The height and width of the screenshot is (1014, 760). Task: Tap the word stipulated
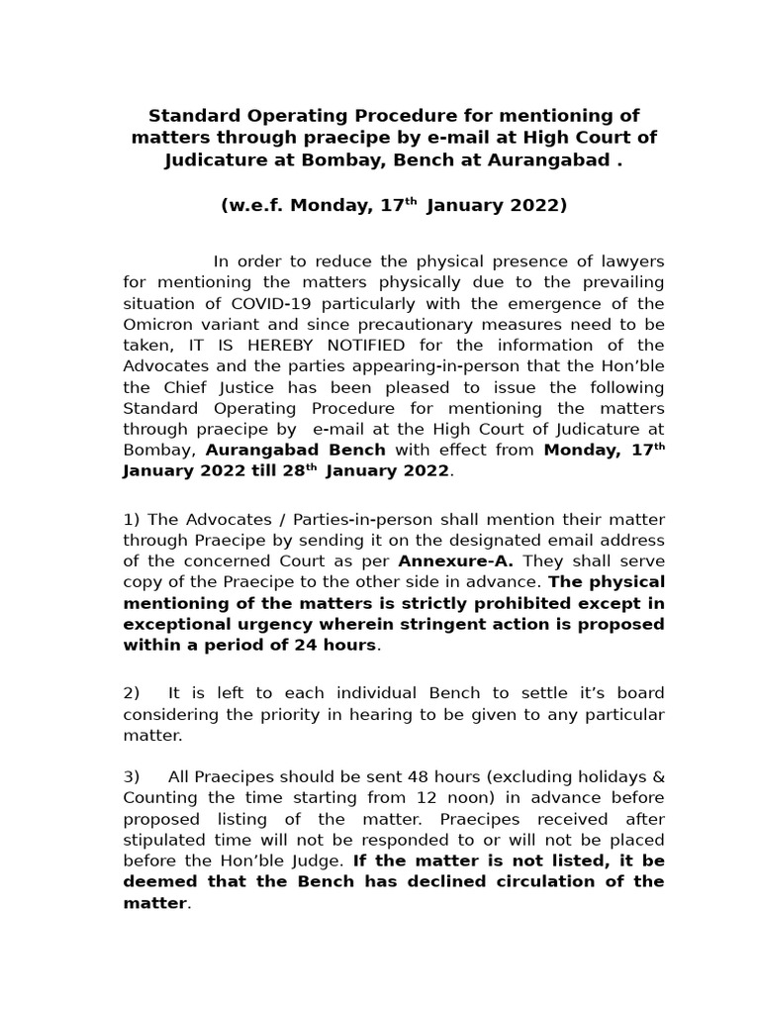[162, 840]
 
